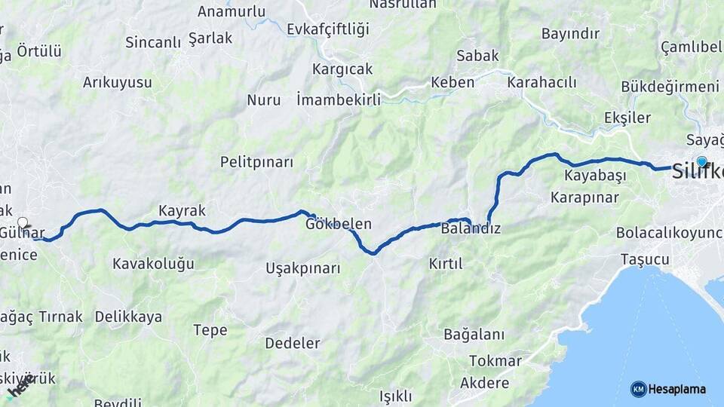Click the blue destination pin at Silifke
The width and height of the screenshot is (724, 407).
(701, 161)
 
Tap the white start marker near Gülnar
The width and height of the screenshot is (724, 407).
(23, 222)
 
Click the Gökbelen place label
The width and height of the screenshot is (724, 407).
(339, 225)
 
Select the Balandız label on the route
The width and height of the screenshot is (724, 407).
(471, 228)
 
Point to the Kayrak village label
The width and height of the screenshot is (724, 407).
(182, 210)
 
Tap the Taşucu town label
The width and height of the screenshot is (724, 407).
(644, 259)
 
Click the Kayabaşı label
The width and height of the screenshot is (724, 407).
(595, 176)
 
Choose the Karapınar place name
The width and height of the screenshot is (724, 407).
(584, 197)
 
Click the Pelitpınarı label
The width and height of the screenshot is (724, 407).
(256, 162)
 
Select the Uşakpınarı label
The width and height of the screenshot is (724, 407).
(302, 268)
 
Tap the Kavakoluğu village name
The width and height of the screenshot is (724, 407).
(153, 264)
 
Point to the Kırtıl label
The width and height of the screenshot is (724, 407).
(445, 264)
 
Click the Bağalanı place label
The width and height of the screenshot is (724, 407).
(474, 334)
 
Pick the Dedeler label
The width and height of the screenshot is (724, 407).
(292, 344)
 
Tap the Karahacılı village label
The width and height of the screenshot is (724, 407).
(541, 82)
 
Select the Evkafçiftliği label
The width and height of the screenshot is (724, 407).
(328, 29)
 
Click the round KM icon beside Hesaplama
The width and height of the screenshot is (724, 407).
(638, 389)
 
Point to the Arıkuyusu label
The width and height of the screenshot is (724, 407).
(117, 82)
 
